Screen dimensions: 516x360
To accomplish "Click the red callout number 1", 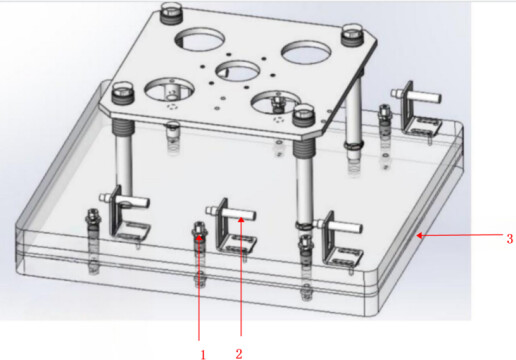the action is tap(203, 355).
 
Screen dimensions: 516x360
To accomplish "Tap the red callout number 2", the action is tap(239, 354).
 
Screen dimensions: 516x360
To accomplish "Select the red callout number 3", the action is tap(510, 239).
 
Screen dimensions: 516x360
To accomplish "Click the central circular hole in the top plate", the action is tap(238, 71).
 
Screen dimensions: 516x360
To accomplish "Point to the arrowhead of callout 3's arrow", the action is tap(419, 236).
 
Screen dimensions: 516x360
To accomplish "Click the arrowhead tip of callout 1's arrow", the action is tap(199, 235).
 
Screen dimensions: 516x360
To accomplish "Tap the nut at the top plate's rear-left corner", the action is tap(171, 13).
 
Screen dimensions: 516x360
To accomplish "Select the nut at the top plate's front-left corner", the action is tap(123, 93).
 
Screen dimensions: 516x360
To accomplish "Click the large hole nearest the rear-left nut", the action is tap(199, 39).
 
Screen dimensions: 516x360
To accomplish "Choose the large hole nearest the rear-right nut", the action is tap(306, 52).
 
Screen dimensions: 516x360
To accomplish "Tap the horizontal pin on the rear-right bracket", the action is tap(417, 95).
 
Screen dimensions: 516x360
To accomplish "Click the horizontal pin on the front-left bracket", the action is tap(124, 200).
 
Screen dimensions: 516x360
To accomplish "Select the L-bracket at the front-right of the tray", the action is tap(341, 241).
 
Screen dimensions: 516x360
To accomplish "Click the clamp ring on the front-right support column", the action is tap(304, 225).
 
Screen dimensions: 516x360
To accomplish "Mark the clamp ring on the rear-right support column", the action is tap(354, 145).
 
